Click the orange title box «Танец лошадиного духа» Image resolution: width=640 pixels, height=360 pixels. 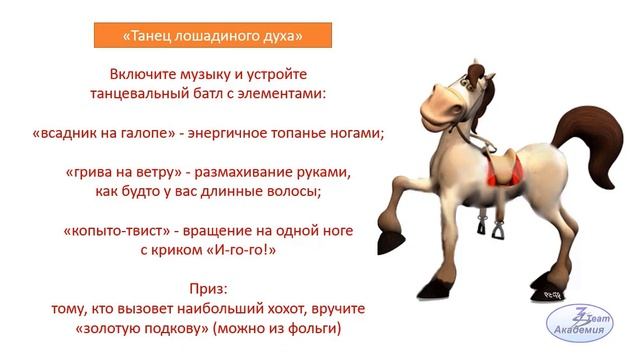tap(212, 36)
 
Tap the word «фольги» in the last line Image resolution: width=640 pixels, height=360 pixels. tap(320, 326)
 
